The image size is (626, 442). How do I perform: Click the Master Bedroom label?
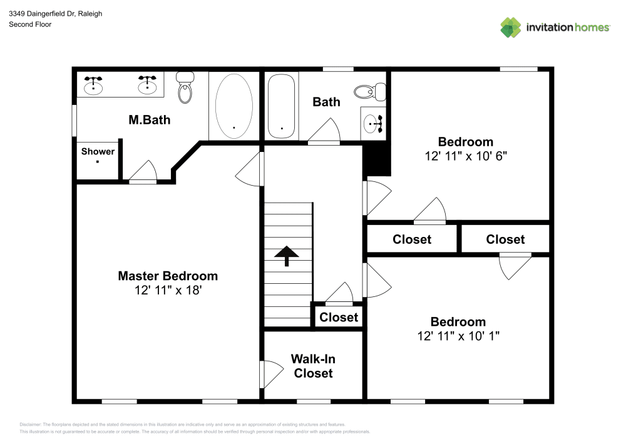[x=168, y=276]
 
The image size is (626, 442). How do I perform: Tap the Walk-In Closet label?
[x=313, y=366]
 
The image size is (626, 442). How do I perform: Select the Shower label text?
[x=98, y=151]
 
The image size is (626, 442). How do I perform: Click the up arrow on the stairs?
[x=287, y=255]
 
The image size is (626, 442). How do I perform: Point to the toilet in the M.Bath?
[x=185, y=88]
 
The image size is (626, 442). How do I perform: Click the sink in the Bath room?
[x=373, y=123]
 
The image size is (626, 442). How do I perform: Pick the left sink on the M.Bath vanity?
[x=94, y=83]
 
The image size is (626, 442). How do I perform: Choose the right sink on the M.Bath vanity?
[x=148, y=83]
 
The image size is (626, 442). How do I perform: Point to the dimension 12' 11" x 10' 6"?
[x=465, y=156]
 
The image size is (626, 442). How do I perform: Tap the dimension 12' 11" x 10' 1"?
[x=458, y=336]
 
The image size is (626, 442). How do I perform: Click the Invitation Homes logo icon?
[x=511, y=28]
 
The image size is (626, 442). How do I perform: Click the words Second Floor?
[x=30, y=24]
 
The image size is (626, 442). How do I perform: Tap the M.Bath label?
[x=149, y=119]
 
